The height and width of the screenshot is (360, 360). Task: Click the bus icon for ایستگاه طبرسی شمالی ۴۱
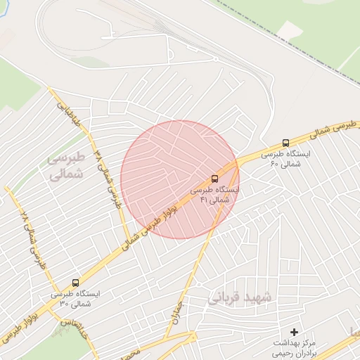click(214, 179)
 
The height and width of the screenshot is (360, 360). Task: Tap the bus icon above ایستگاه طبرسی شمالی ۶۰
click(285, 142)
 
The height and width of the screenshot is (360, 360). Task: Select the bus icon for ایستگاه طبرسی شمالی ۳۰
click(75, 283)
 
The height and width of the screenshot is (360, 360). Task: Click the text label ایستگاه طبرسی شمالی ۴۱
click(215, 195)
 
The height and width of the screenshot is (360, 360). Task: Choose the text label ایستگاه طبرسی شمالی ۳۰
click(76, 299)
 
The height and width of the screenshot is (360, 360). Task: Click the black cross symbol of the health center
click(294, 331)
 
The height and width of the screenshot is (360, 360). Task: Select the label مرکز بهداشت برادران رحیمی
click(295, 345)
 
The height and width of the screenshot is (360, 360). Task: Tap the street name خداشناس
click(75, 329)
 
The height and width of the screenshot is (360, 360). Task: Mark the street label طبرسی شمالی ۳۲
click(111, 176)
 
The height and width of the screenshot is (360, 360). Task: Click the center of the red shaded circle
click(179, 179)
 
